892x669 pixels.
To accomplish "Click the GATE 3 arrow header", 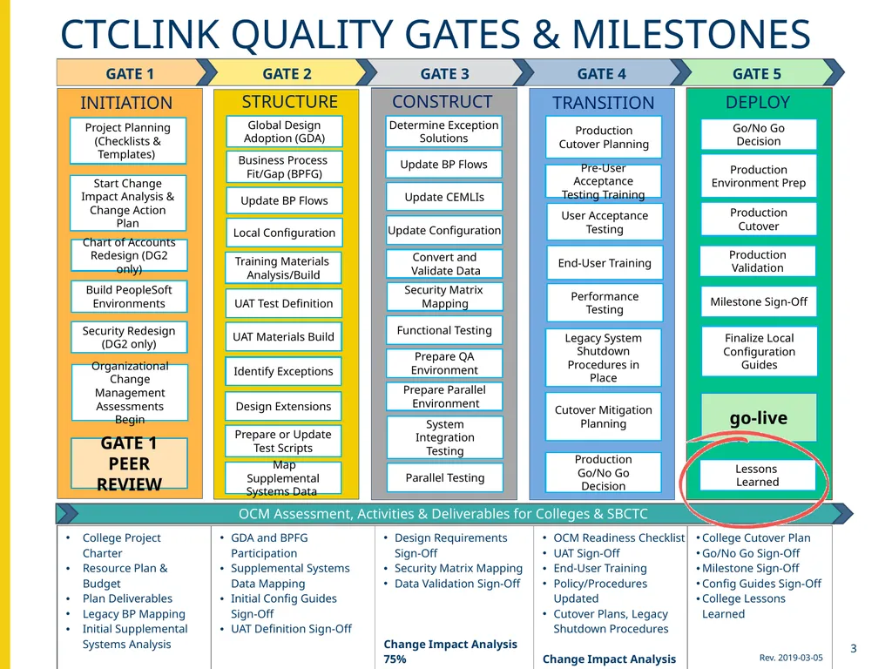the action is [445, 73].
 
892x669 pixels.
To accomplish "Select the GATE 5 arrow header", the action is [757, 73].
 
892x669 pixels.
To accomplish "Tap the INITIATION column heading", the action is [126, 103].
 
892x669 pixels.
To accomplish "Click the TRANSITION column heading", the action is [603, 103].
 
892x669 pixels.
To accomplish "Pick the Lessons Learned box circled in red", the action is [757, 475].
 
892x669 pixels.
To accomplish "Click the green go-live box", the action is [759, 417].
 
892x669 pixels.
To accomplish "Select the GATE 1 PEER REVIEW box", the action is [129, 463].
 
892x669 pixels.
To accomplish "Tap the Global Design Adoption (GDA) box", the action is [285, 132].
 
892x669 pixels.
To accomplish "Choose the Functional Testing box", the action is [444, 330].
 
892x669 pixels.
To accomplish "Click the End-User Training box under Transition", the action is [605, 263].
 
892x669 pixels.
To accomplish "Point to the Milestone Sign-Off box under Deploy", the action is [759, 301].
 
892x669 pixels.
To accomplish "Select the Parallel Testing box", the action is [445, 477].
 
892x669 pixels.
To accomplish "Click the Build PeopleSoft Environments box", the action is [129, 296].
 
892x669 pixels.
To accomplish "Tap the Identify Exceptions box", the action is [283, 371].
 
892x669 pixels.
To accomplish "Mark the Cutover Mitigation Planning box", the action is [604, 416].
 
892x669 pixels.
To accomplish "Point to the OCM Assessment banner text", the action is [443, 514].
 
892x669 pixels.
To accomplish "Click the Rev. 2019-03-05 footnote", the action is [791, 658].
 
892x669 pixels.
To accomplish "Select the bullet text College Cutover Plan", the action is [756, 537].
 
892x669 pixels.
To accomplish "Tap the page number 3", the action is [854, 648].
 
